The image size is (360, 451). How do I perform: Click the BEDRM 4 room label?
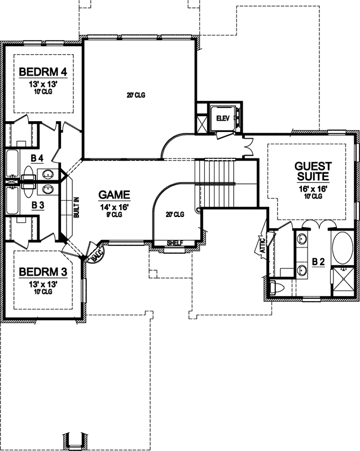pyautogui.click(x=43, y=72)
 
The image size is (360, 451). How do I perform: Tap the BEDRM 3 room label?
pyautogui.click(x=43, y=272)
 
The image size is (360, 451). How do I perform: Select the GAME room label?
pyautogui.click(x=115, y=196)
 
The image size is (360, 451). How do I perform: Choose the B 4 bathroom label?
pyautogui.click(x=37, y=157)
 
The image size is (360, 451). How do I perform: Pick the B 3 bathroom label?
pyautogui.click(x=38, y=206)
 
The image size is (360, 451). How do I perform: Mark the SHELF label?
pyautogui.click(x=175, y=244)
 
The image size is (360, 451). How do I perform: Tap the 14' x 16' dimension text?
pyautogui.click(x=115, y=207)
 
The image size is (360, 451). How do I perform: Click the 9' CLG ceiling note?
pyautogui.click(x=115, y=215)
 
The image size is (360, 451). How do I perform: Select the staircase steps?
pyautogui.click(x=214, y=183)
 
